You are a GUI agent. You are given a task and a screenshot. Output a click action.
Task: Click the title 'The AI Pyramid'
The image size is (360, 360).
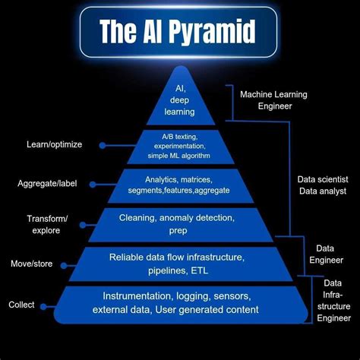pos(178,32)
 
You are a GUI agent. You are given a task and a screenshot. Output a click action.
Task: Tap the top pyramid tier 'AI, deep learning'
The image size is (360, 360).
pos(180,99)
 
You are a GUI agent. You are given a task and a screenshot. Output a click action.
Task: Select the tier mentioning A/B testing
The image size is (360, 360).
pos(180,145)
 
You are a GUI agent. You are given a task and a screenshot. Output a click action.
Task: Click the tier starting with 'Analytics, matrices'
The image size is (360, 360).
pos(180,185)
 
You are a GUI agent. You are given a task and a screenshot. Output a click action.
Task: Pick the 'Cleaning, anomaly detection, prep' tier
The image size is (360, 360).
pos(180,224)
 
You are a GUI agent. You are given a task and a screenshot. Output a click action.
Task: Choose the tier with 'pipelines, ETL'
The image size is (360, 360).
pos(180,264)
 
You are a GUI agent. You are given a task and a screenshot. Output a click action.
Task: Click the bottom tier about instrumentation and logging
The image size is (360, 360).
pos(180,303)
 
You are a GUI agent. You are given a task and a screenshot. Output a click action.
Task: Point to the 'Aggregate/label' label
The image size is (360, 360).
pos(47,183)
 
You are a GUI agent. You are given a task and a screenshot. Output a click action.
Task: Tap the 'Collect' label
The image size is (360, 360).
pos(21,305)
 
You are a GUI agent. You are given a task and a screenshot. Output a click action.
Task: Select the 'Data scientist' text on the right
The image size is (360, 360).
pos(321,180)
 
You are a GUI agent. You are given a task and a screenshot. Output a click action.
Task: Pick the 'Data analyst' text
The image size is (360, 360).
pos(321,191)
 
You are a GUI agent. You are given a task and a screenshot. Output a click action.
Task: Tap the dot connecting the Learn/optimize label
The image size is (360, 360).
pos(102,144)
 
